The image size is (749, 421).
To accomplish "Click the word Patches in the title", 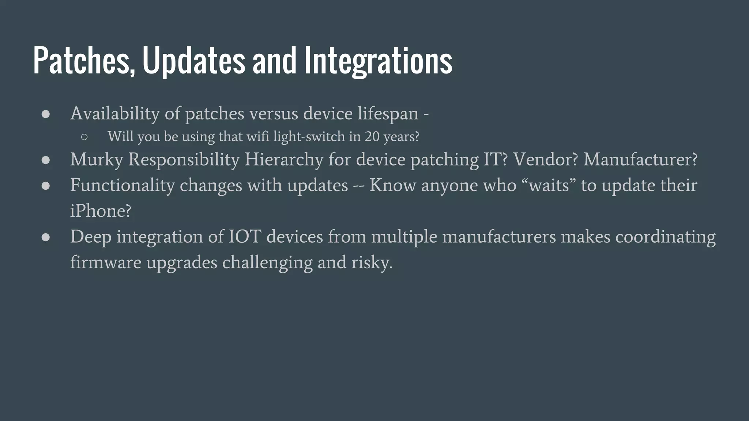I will click(83, 61).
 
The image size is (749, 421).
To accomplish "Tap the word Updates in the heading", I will click(193, 61).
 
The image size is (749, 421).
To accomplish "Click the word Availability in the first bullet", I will click(115, 114).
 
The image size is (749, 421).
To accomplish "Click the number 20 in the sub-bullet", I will click(372, 137).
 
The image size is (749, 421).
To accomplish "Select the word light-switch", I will click(309, 137).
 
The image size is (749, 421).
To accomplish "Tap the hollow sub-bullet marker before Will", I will click(84, 137).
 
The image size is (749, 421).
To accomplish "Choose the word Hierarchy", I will click(284, 160).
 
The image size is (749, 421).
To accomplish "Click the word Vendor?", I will click(545, 160).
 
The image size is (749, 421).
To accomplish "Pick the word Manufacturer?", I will click(640, 160).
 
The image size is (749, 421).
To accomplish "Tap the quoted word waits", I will click(549, 185).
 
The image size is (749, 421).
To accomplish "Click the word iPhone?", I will click(101, 211).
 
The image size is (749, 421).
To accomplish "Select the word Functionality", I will click(123, 185).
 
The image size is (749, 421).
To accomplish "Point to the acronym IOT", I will click(245, 237).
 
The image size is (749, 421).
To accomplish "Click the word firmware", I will click(106, 263).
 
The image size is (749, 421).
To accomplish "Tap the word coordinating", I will click(665, 237).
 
